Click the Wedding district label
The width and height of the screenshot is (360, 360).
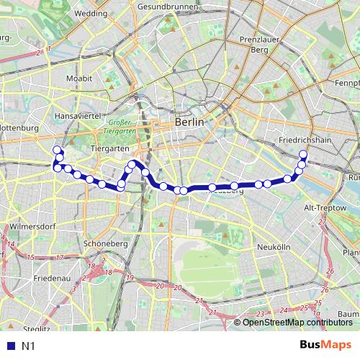tap(90, 13)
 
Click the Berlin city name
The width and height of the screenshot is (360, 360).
tap(189, 123)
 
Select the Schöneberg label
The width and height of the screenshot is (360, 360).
tap(105, 244)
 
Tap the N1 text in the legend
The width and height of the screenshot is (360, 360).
tap(28, 346)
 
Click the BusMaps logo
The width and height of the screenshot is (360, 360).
tap(326, 345)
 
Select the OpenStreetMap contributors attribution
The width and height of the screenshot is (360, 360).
tap(297, 323)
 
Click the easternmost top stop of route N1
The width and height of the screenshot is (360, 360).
tap(303, 155)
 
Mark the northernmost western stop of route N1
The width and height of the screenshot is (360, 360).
tap(57, 150)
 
